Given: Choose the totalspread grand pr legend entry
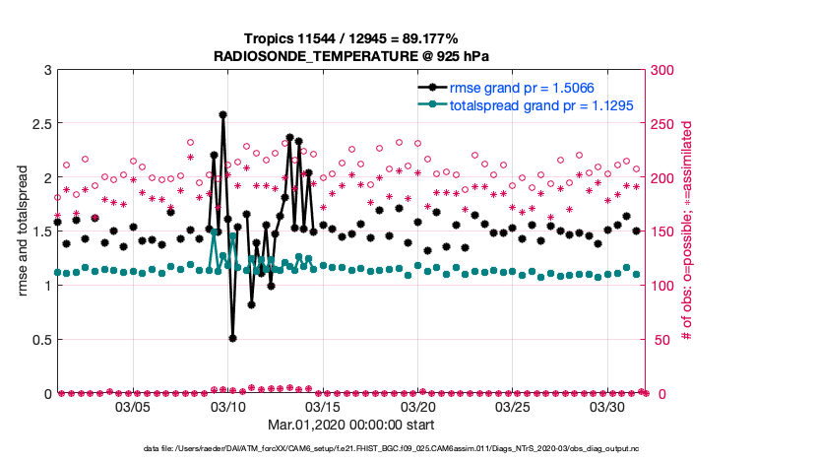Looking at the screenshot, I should [541, 104].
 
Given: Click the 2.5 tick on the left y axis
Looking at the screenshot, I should [37, 124].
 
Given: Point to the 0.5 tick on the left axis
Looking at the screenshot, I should [37, 340].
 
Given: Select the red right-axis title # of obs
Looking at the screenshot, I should [688, 231].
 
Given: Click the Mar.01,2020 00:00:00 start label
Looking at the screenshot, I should [351, 425].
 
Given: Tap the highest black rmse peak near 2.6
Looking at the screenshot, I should [223, 114].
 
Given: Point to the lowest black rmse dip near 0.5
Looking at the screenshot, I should [232, 338].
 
